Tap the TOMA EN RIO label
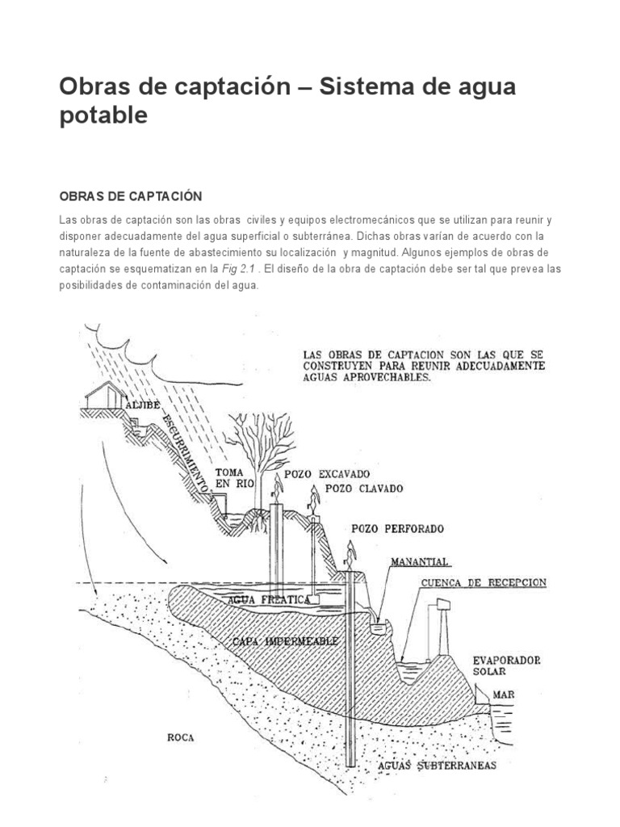235,477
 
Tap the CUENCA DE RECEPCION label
484,582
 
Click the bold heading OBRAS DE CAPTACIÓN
129,196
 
